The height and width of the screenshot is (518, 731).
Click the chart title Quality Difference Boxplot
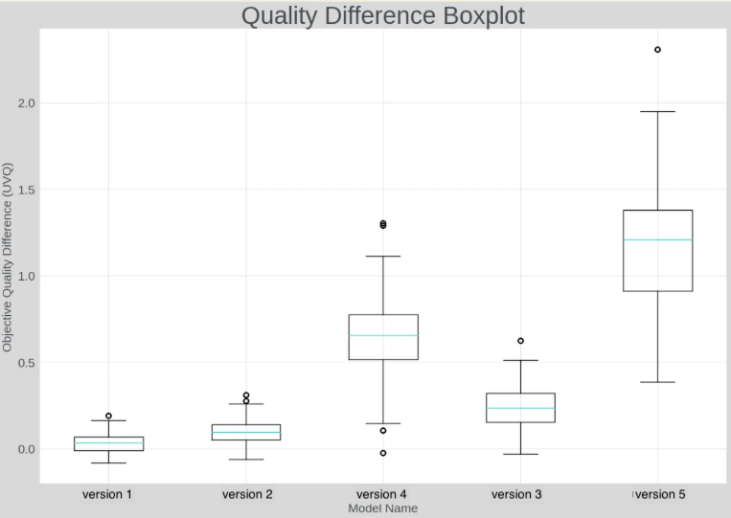click(382, 16)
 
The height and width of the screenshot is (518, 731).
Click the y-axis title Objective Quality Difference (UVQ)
click(9, 257)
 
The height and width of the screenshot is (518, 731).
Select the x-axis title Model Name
click(382, 508)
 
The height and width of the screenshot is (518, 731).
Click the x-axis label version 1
click(108, 494)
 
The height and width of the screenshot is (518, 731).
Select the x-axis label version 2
click(246, 494)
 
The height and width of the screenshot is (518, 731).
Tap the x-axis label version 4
click(382, 494)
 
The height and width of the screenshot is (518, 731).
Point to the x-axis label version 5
click(658, 494)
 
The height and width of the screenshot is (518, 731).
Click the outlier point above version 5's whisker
click(657, 50)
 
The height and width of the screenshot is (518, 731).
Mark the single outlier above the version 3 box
click(520, 341)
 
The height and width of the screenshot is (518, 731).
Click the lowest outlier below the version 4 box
click(383, 453)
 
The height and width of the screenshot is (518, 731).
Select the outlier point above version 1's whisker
click(108, 417)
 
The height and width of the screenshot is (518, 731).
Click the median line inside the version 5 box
click(657, 239)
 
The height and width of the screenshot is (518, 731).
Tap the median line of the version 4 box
click(383, 335)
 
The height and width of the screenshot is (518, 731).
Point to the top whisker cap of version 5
click(657, 112)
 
